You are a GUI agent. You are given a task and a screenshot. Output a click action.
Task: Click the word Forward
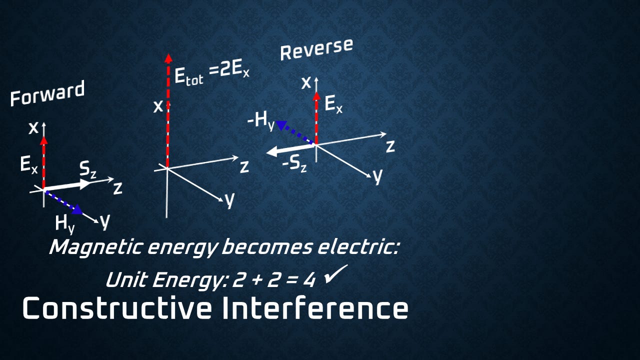tap(47, 94)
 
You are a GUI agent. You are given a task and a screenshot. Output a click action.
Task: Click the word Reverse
tap(316, 49)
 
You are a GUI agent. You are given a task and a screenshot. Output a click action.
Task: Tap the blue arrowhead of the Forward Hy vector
tap(77, 209)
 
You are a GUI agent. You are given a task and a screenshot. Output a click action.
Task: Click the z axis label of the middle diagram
tap(244, 166)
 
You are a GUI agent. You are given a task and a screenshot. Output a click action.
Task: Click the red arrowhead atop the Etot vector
tap(168, 58)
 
